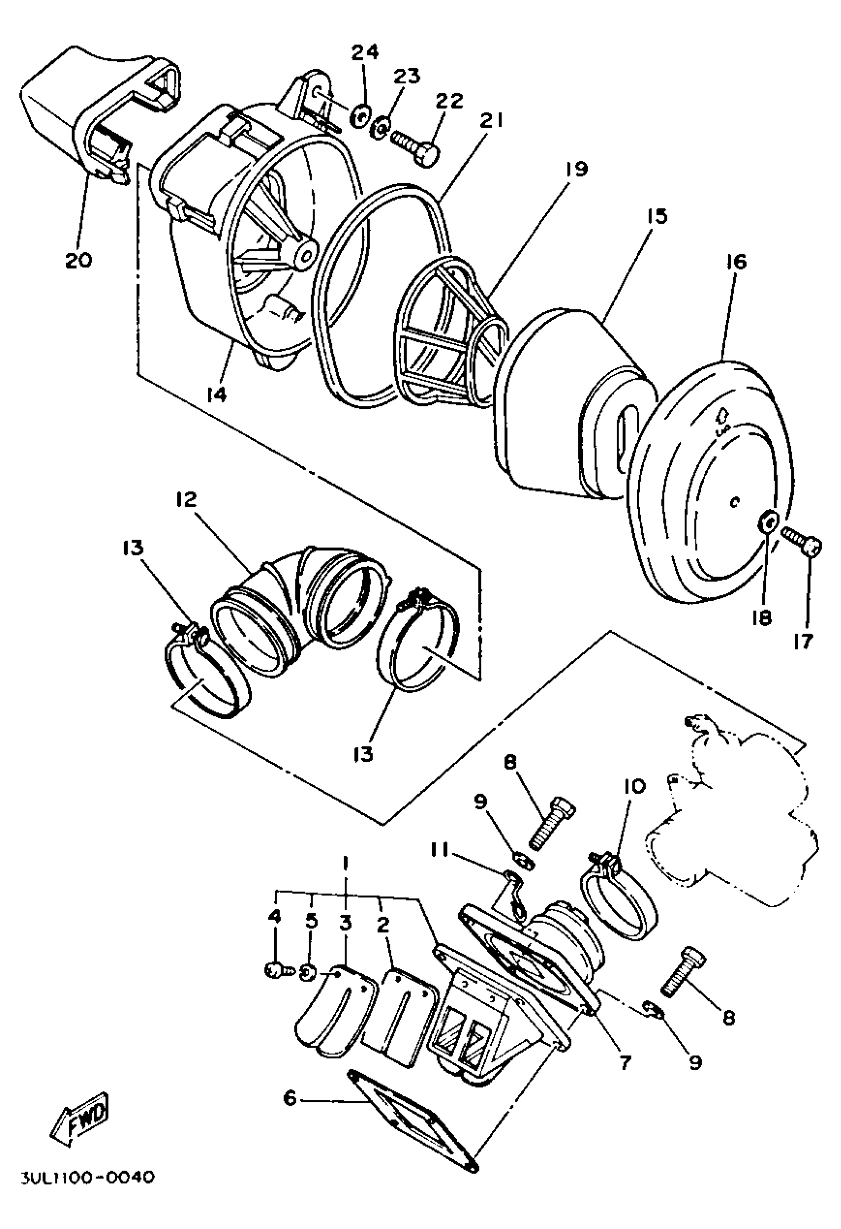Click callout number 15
coord(657,216)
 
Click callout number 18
coord(762,618)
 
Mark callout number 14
coord(217,394)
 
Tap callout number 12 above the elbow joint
coord(186,499)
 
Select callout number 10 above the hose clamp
coord(635,787)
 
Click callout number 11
coord(439,850)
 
